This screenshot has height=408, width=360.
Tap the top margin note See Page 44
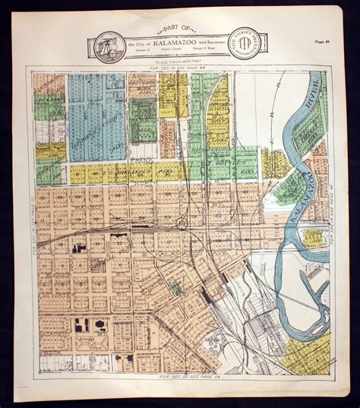pyautogui.click(x=176, y=69)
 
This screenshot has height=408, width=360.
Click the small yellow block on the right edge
pyautogui.click(x=313, y=238)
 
